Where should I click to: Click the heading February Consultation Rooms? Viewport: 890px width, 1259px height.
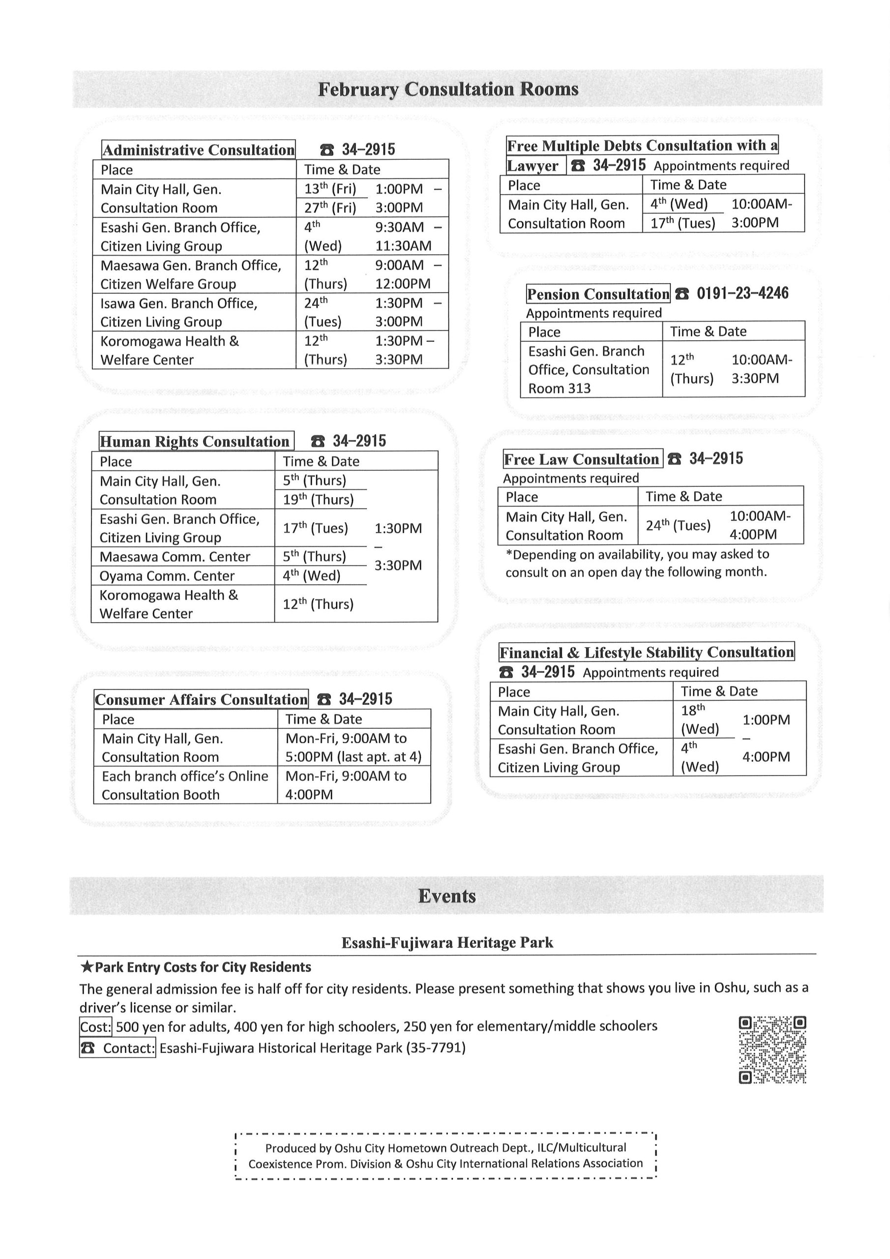pyautogui.click(x=447, y=89)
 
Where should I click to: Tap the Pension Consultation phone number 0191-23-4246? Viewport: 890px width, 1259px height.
pyautogui.click(x=742, y=294)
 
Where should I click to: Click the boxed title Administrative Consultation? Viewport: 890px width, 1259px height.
pyautogui.click(x=199, y=150)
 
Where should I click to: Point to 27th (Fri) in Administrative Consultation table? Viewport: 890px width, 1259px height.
pyautogui.click(x=330, y=208)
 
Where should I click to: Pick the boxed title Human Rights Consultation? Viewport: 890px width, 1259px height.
pyautogui.click(x=196, y=442)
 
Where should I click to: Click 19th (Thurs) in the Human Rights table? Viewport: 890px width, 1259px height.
pyautogui.click(x=318, y=500)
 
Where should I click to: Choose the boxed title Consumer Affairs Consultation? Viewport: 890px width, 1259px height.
pyautogui.click(x=201, y=699)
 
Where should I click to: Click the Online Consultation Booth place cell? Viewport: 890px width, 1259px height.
pyautogui.click(x=185, y=785)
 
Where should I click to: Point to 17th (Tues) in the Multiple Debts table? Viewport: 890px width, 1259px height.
pyautogui.click(x=682, y=223)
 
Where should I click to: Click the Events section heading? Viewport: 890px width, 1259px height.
pyautogui.click(x=446, y=896)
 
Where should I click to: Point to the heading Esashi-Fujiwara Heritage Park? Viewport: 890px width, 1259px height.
pyautogui.click(x=447, y=943)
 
